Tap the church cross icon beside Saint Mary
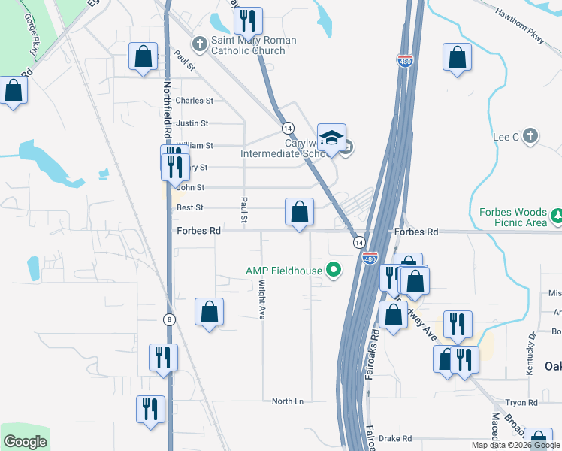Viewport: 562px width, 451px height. click(x=199, y=43)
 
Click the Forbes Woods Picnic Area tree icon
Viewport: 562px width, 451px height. click(x=557, y=216)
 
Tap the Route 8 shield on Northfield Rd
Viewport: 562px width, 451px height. click(x=171, y=319)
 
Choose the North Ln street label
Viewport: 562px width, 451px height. click(x=288, y=401)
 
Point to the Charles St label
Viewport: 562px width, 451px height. click(x=195, y=101)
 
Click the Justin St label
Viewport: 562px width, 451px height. click(x=192, y=123)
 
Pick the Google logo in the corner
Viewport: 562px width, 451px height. click(x=25, y=442)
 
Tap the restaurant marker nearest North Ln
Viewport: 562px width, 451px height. click(x=150, y=409)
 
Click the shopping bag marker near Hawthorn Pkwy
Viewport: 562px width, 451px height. click(x=457, y=58)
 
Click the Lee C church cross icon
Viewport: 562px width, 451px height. click(x=530, y=136)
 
